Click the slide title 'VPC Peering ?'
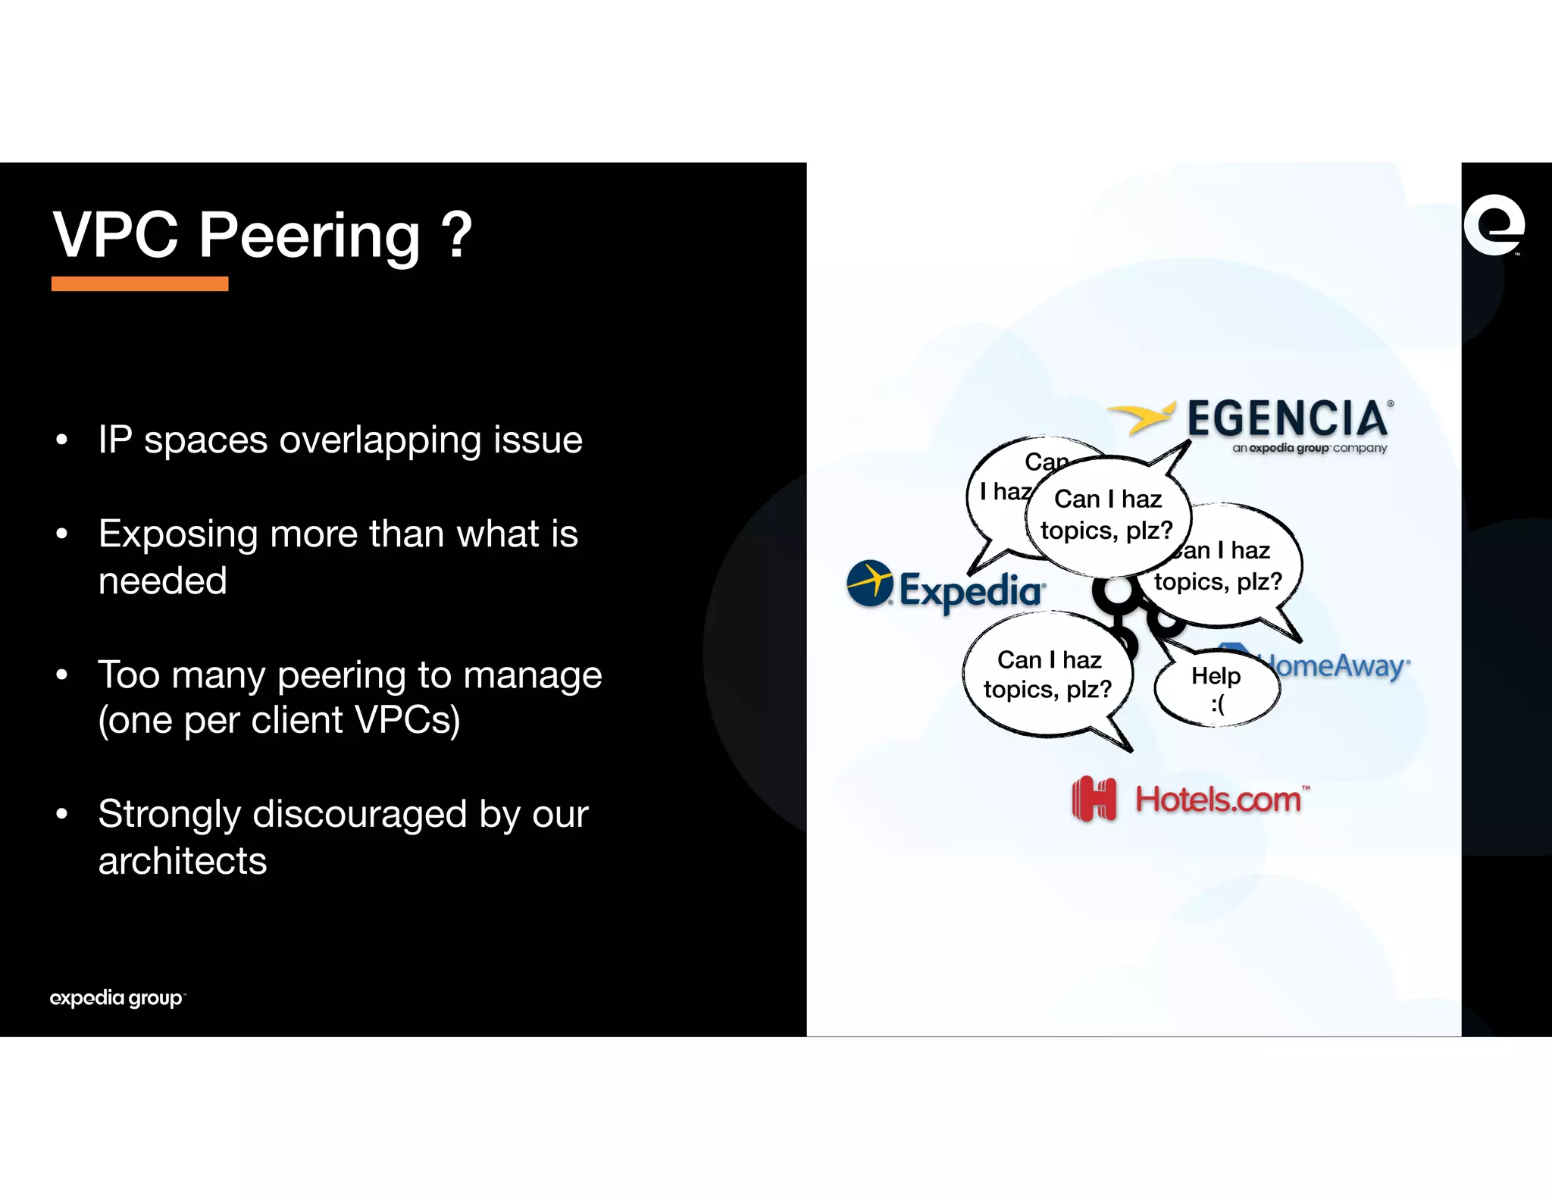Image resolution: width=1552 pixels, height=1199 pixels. [261, 235]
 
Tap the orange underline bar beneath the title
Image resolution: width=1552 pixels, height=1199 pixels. [139, 283]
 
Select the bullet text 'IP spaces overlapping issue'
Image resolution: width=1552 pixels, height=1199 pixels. [340, 440]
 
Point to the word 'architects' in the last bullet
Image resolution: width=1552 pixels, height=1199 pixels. [183, 861]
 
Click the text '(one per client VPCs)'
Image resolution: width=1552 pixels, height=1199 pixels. [279, 720]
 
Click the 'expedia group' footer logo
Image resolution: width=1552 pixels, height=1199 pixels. [117, 998]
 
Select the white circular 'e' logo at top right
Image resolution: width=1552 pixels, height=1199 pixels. [1493, 225]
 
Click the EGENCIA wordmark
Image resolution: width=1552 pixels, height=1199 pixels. [1288, 418]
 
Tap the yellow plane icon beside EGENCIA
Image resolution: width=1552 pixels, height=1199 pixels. [1143, 417]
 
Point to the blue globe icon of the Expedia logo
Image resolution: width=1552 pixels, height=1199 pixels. [869, 583]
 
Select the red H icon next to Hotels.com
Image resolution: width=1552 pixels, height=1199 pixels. [1094, 799]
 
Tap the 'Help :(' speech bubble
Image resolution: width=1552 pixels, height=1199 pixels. [1216, 688]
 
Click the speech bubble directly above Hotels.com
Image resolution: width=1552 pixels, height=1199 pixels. [1047, 675]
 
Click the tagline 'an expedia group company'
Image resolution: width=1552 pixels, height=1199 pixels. [1309, 448]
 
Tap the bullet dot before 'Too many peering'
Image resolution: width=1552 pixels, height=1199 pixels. [62, 674]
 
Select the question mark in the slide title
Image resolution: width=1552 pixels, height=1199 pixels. [456, 235]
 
